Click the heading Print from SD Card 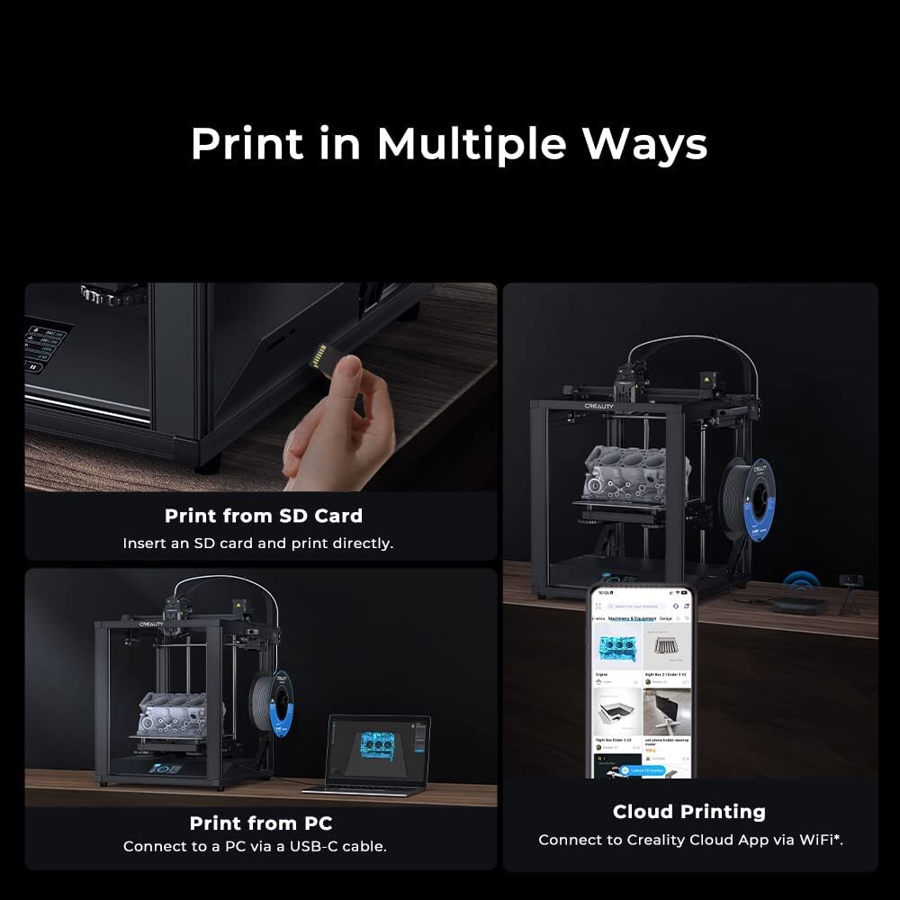[263, 516]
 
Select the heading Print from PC [260, 823]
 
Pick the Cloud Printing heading [688, 812]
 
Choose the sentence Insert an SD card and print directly [257, 544]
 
